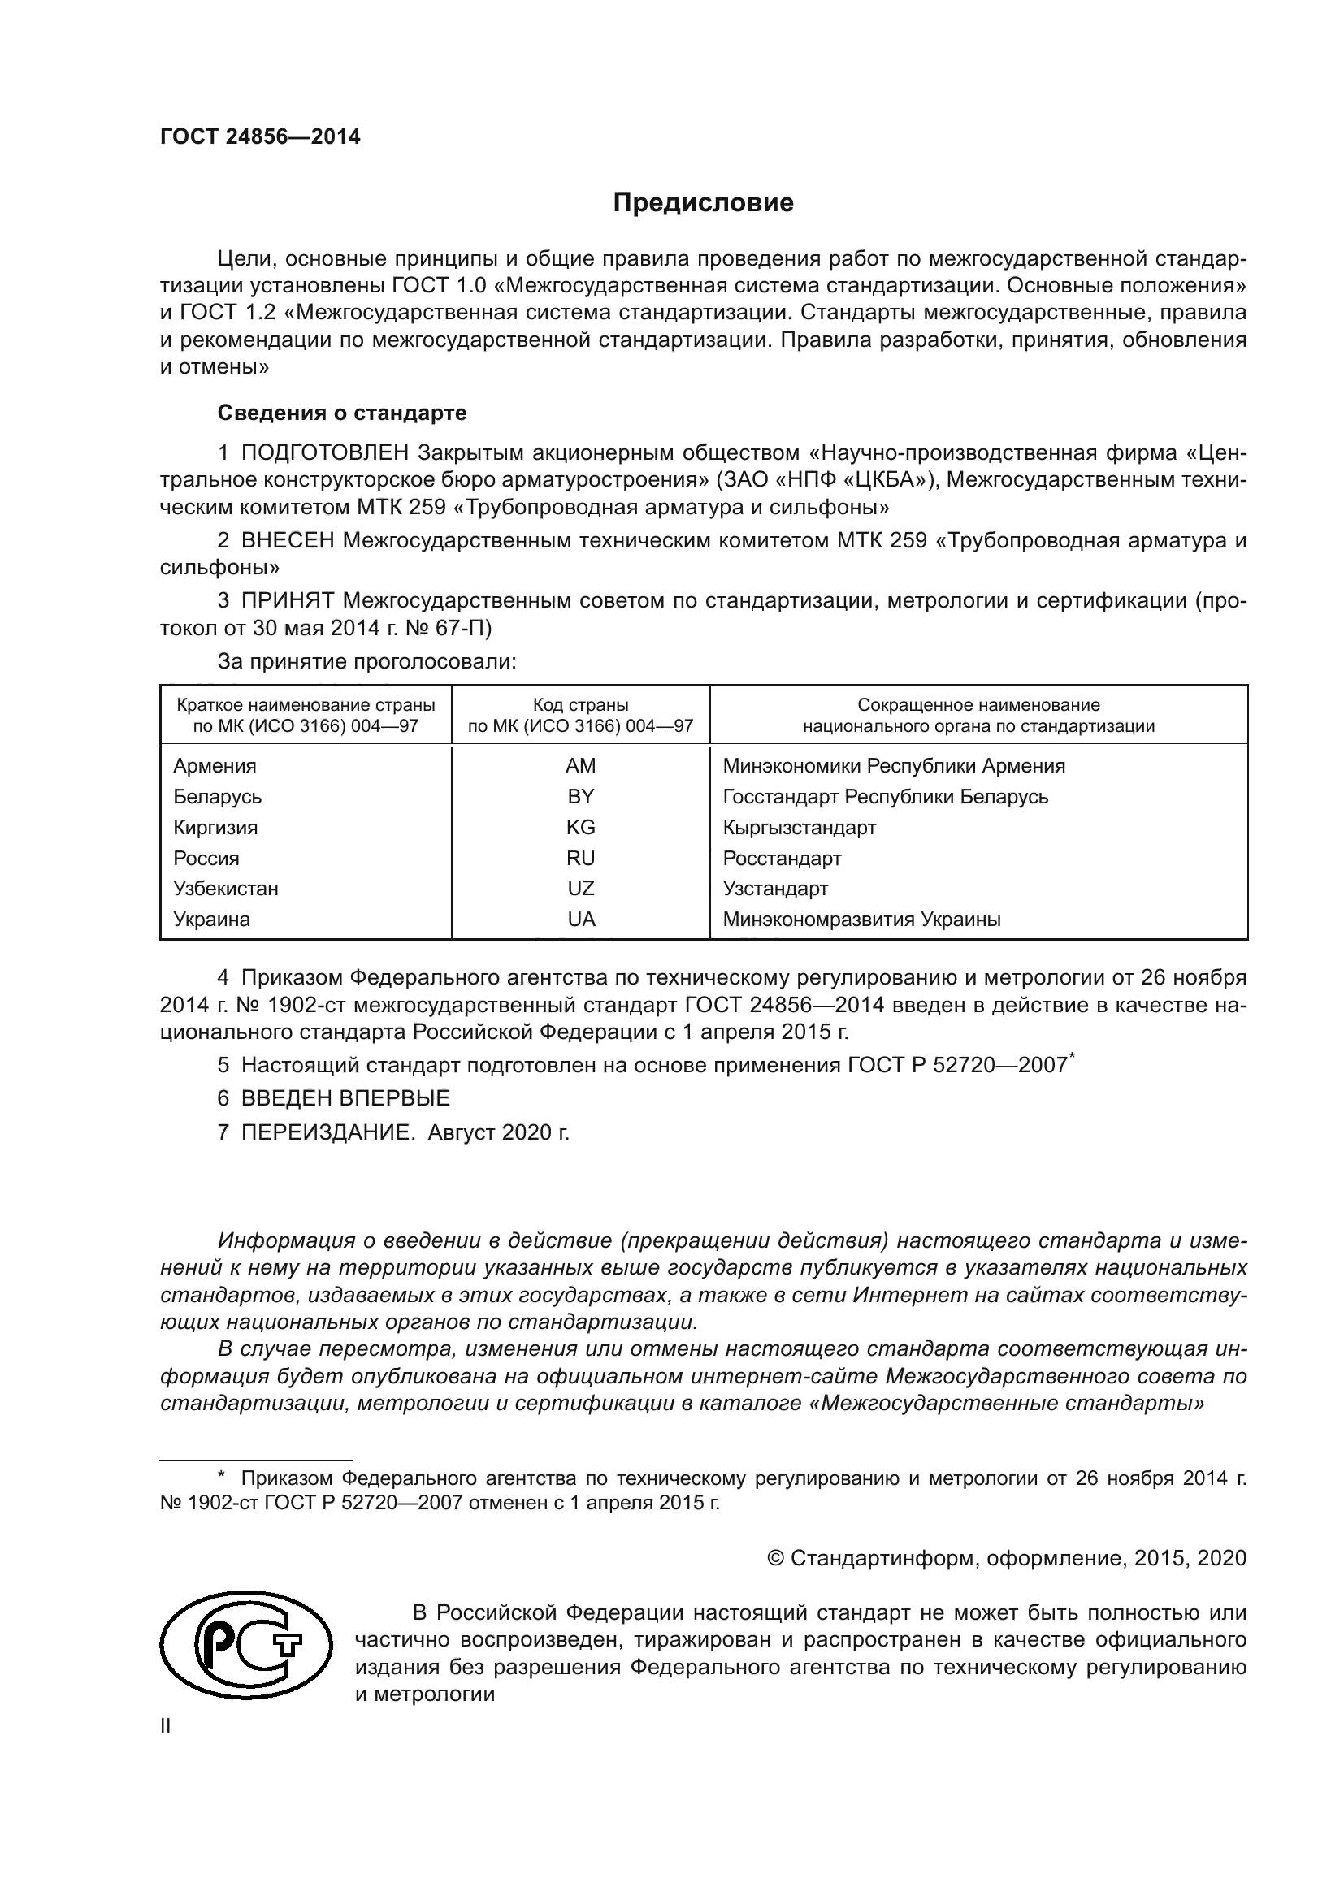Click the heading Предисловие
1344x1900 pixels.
pos(703,203)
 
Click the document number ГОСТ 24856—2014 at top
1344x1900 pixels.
pos(260,137)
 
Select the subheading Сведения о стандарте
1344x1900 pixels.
pos(342,412)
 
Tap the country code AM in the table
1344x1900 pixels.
pos(580,765)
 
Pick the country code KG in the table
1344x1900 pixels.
pos(580,827)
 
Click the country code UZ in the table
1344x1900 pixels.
pos(580,888)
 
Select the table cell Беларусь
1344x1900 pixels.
pos(217,796)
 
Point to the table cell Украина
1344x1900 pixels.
pos(211,919)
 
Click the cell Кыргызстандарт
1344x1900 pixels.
pos(799,827)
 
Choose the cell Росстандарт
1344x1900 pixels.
pos(781,858)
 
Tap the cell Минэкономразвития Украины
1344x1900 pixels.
pos(861,919)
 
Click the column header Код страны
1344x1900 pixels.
pos(580,705)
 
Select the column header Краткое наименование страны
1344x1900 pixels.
pos(306,705)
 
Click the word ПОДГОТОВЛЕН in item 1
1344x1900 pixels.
pos(324,452)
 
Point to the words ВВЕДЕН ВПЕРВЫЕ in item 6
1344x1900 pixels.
pos(345,1098)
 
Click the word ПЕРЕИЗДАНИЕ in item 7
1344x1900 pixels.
pos(327,1132)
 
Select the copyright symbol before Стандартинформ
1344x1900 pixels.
pos(775,1558)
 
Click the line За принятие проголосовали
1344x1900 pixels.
pos(366,661)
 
